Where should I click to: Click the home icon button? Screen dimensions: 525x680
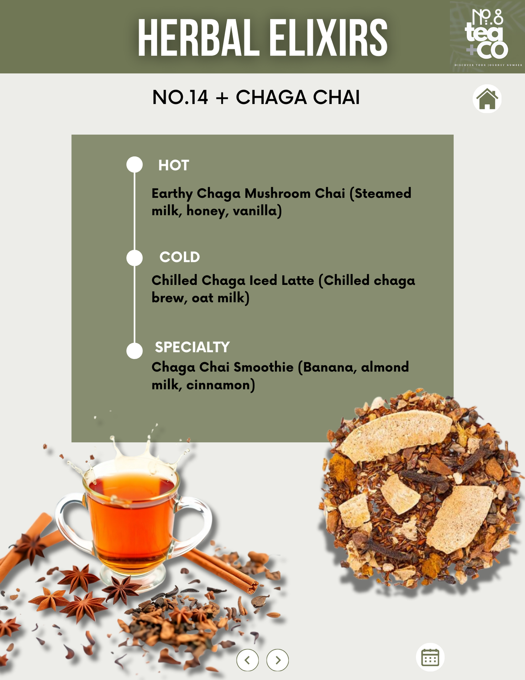pyautogui.click(x=487, y=99)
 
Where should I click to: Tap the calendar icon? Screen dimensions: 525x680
pyautogui.click(x=430, y=657)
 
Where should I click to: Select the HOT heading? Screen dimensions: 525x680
pyautogui.click(x=174, y=165)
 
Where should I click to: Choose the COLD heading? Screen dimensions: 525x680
pyautogui.click(x=179, y=257)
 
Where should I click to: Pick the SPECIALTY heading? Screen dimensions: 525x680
pyautogui.click(x=192, y=347)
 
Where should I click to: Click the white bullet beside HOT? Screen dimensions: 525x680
pyautogui.click(x=134, y=165)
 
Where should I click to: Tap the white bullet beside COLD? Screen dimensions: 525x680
pyautogui.click(x=134, y=258)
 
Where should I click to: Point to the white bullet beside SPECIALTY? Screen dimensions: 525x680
pyautogui.click(x=134, y=351)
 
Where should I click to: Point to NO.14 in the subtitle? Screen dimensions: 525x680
pyautogui.click(x=180, y=97)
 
